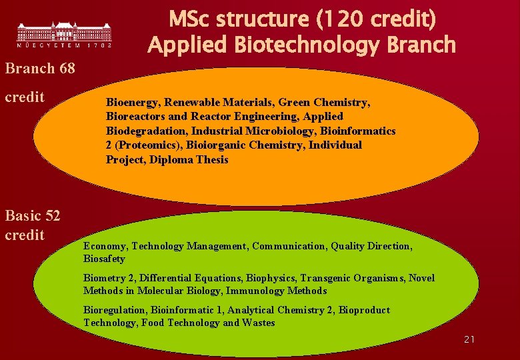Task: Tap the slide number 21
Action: coord(469,339)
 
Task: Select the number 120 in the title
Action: coord(342,19)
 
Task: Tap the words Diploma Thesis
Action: coord(189,160)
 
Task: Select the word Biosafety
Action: coord(104,259)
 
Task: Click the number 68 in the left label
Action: coord(66,68)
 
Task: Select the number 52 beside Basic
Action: coord(51,215)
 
